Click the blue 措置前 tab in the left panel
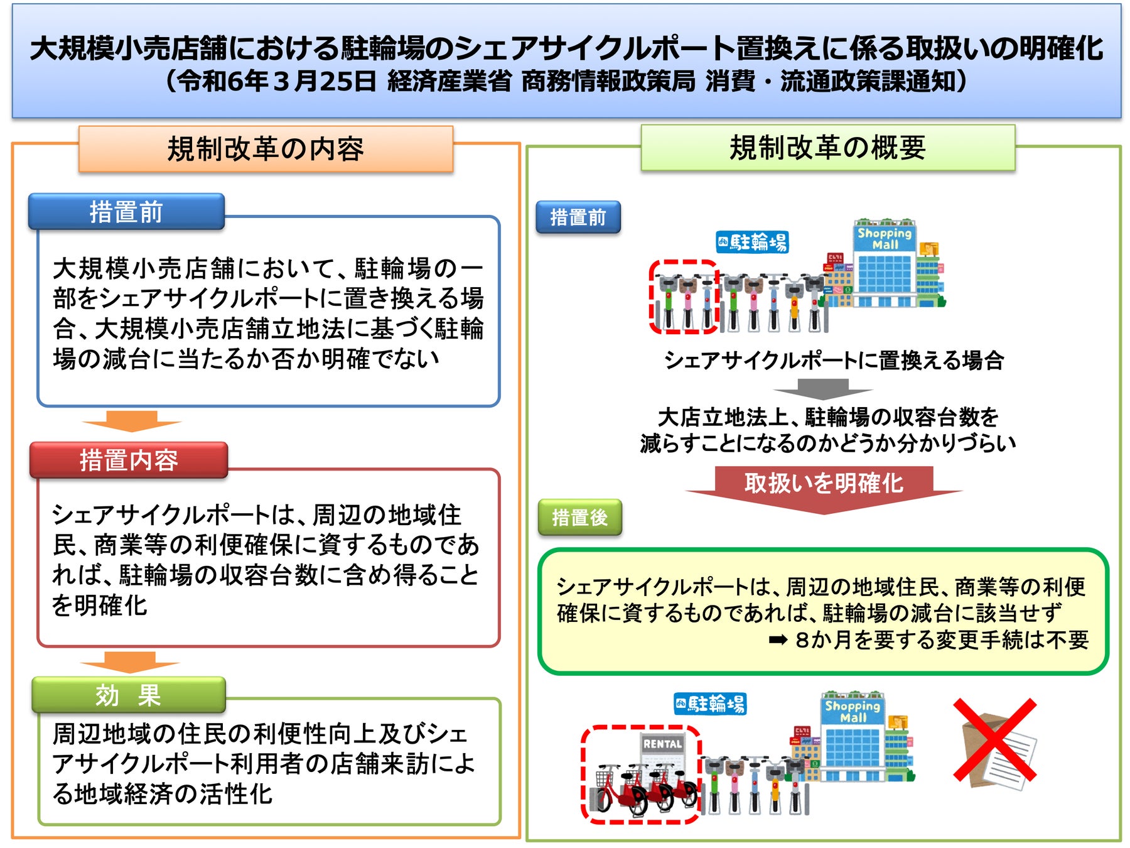[126, 212]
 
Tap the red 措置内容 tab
[129, 460]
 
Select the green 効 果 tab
[129, 695]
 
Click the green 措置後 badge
[579, 517]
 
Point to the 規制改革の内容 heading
[266, 149]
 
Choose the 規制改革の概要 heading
[827, 148]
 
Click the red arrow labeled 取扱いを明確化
[824, 487]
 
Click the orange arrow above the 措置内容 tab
[131, 421]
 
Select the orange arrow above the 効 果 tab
[130, 661]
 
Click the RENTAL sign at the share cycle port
[662, 744]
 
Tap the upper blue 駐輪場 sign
[752, 242]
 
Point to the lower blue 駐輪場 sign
[710, 704]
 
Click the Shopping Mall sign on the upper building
[885, 238]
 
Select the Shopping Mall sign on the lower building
[853, 711]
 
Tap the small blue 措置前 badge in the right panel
[578, 217]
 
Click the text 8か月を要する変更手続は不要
[942, 639]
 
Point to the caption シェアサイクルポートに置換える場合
[834, 360]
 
